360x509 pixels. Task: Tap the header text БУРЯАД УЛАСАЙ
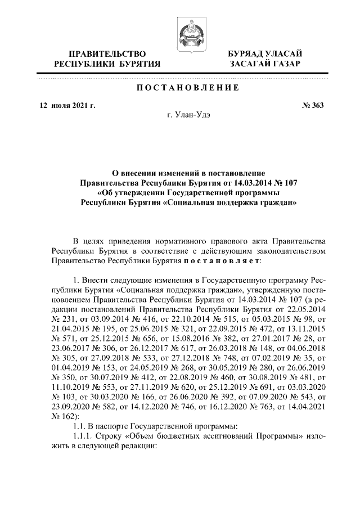[264, 53]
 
